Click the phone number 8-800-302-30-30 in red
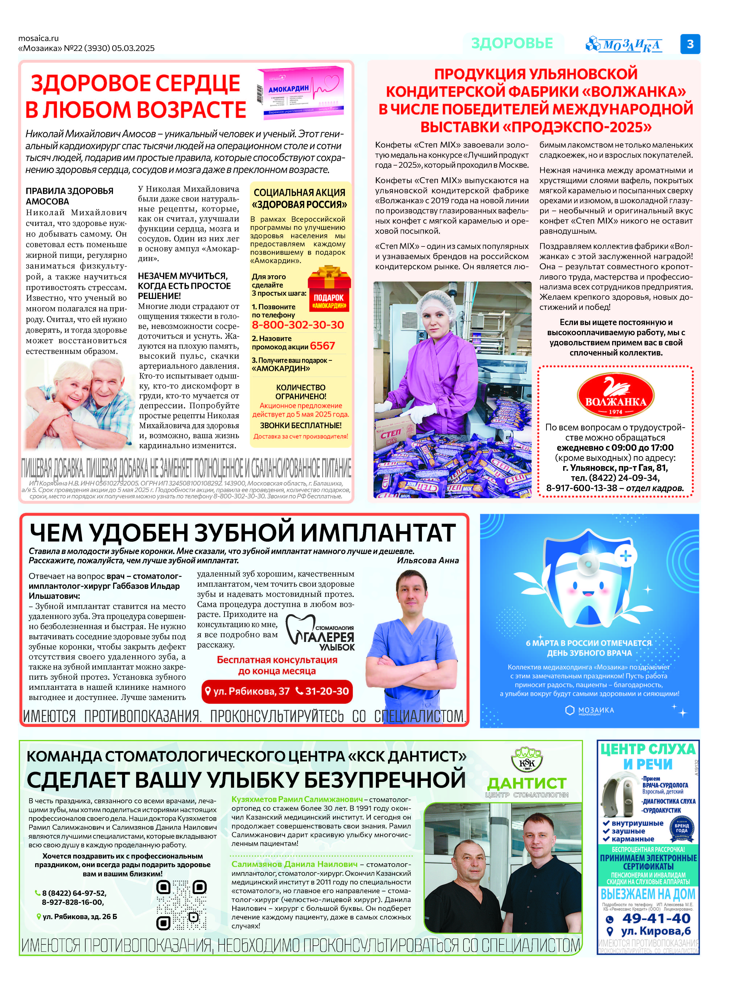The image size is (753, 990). click(x=298, y=325)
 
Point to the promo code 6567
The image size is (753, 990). click(x=322, y=346)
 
